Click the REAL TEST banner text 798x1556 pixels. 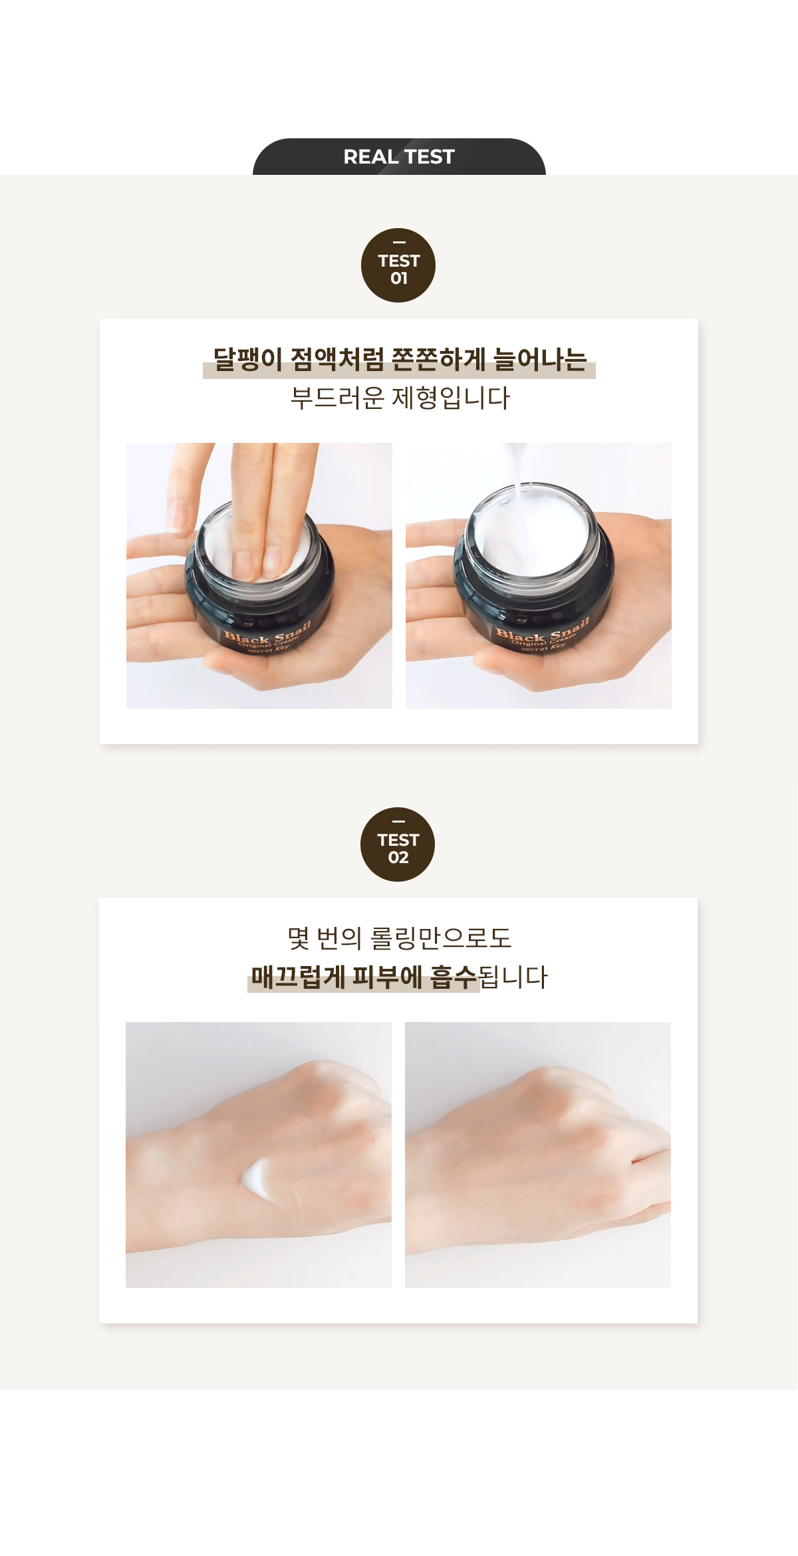click(399, 157)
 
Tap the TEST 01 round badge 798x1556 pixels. click(398, 266)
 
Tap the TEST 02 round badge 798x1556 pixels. click(398, 845)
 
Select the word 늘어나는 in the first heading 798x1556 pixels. click(540, 360)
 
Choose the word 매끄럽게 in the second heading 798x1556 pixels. click(298, 977)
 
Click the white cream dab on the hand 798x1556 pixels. click(257, 1180)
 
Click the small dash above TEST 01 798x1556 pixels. click(399, 242)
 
